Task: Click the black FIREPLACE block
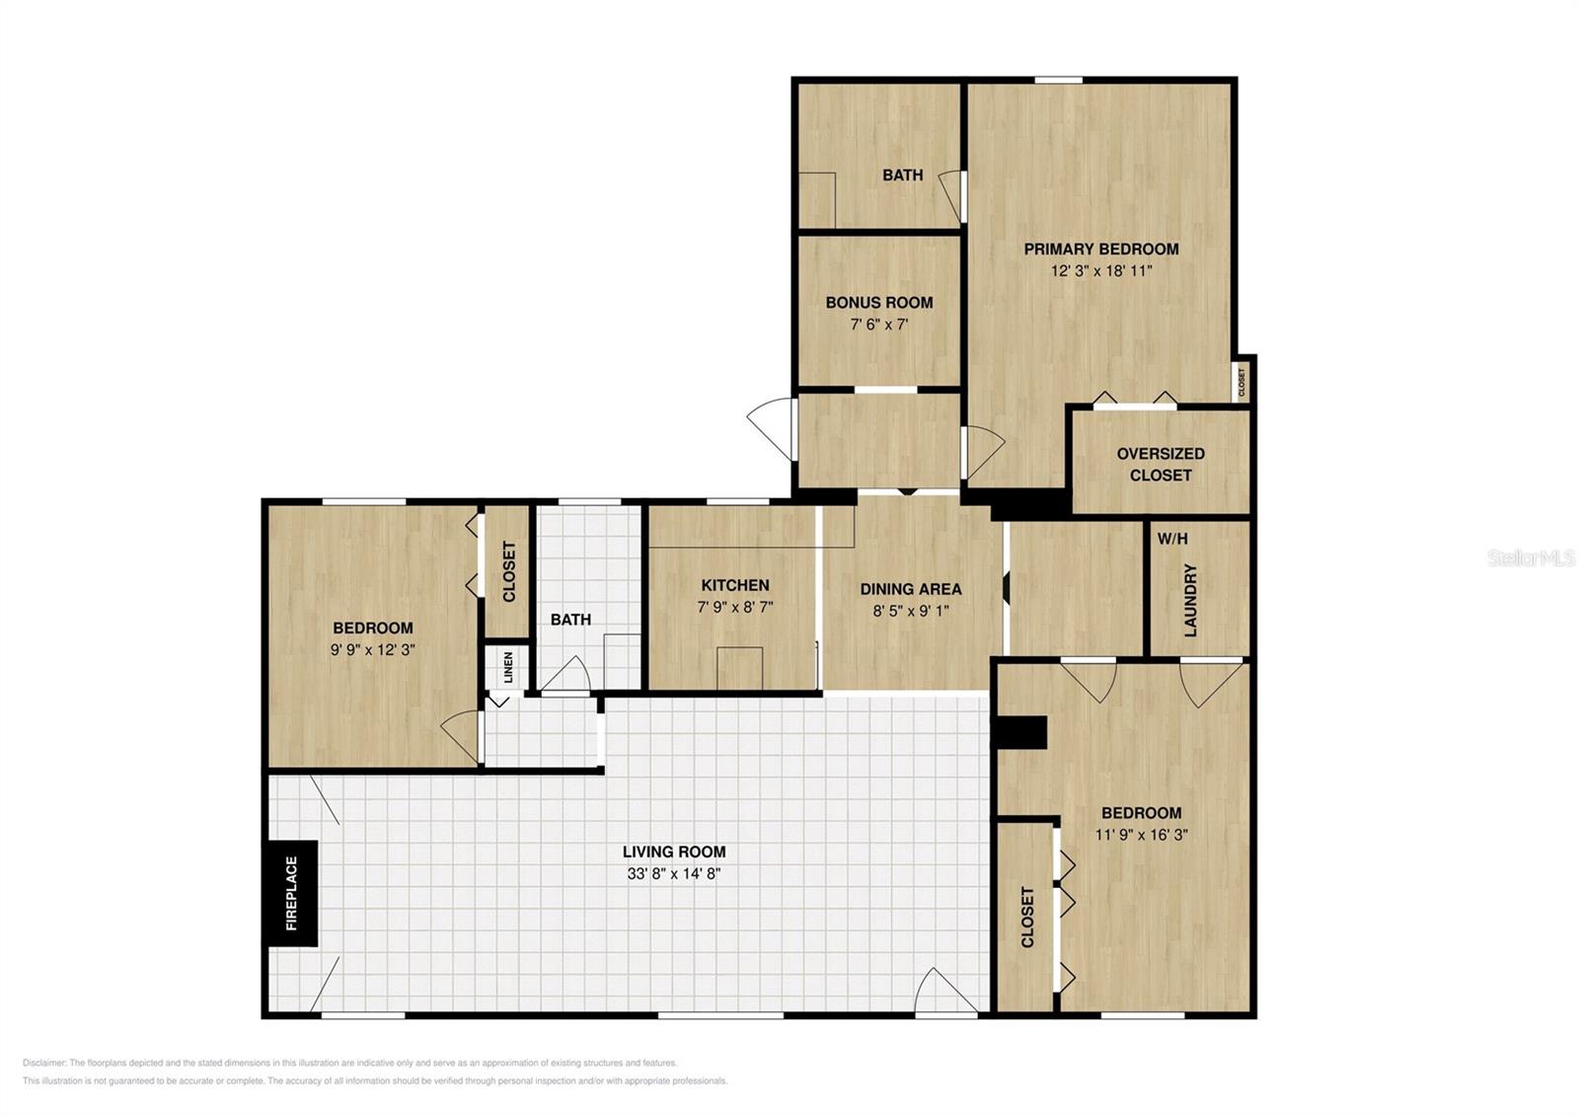[x=291, y=893]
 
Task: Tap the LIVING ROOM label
[x=674, y=852]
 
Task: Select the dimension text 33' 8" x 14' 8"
[x=674, y=873]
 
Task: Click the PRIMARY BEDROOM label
[x=1100, y=249]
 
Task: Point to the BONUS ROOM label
[x=878, y=302]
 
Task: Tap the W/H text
[x=1172, y=539]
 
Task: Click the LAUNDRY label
[x=1190, y=600]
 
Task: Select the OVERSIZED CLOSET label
[x=1161, y=464]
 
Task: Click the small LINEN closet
[x=507, y=668]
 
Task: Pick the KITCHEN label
[x=735, y=585]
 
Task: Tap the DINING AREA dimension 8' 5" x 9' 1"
[x=910, y=611]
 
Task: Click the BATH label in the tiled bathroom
[x=570, y=620]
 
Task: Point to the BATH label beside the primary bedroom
[x=902, y=175]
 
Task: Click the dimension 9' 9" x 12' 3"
[x=372, y=650]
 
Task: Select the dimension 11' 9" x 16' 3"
[x=1141, y=835]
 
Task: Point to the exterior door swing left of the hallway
[x=771, y=424]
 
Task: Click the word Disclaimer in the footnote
[x=44, y=1063]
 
